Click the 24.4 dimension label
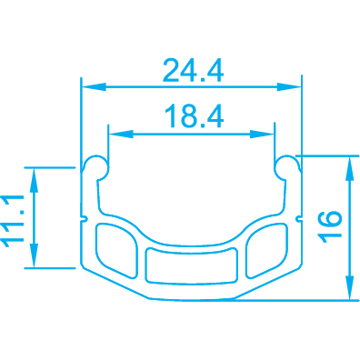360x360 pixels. point(193,71)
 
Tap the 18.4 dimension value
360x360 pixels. point(194,115)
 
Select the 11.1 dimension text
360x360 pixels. point(13,221)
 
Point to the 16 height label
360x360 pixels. point(330,226)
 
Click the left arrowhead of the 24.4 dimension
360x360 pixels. point(94,87)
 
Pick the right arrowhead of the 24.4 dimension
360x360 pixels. point(289,87)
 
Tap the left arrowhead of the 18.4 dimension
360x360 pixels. point(121,134)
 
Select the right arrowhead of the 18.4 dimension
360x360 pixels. point(262,134)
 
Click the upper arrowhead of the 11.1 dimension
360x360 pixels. point(34,180)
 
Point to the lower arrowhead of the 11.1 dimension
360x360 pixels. point(34,255)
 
